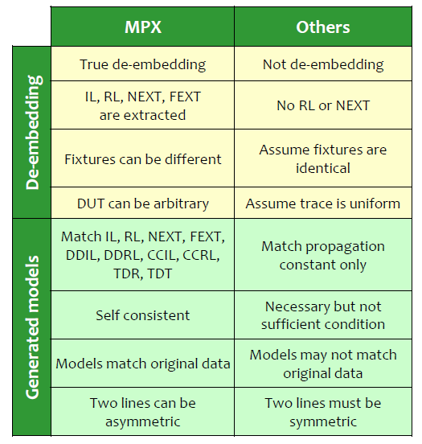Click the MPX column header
click(143, 27)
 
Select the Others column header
click(323, 27)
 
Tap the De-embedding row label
click(34, 132)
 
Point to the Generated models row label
click(32, 327)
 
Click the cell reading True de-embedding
click(142, 64)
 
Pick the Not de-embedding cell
click(323, 64)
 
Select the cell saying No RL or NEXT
click(323, 105)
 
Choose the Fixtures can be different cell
click(142, 158)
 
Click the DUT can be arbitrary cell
click(142, 203)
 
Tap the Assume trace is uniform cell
click(323, 203)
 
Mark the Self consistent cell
click(142, 314)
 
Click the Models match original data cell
click(142, 364)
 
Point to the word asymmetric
click(142, 421)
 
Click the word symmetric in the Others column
click(323, 421)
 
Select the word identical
click(323, 168)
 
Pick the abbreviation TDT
click(160, 273)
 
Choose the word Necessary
click(297, 306)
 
